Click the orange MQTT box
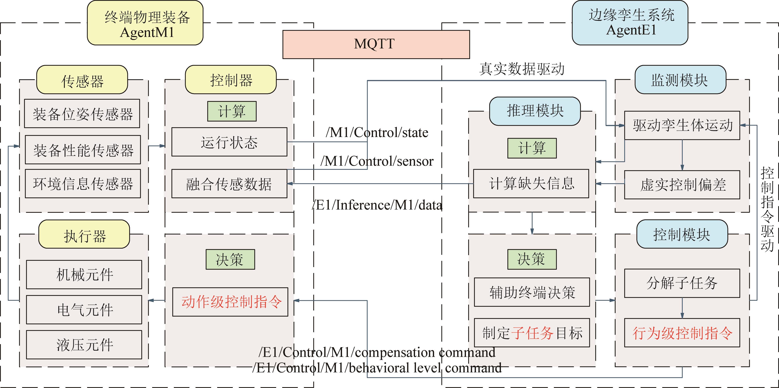376,44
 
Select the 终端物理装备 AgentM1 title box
145,23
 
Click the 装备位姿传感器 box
82,114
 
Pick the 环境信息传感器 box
83,183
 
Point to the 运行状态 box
229,142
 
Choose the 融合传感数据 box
229,183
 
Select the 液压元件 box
84,345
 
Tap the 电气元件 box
84,310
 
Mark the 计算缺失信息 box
531,183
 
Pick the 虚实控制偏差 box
682,185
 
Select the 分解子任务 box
682,283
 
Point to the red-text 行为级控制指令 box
682,333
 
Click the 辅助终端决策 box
532,292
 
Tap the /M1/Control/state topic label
377,133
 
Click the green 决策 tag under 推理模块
532,259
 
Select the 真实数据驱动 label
522,69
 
